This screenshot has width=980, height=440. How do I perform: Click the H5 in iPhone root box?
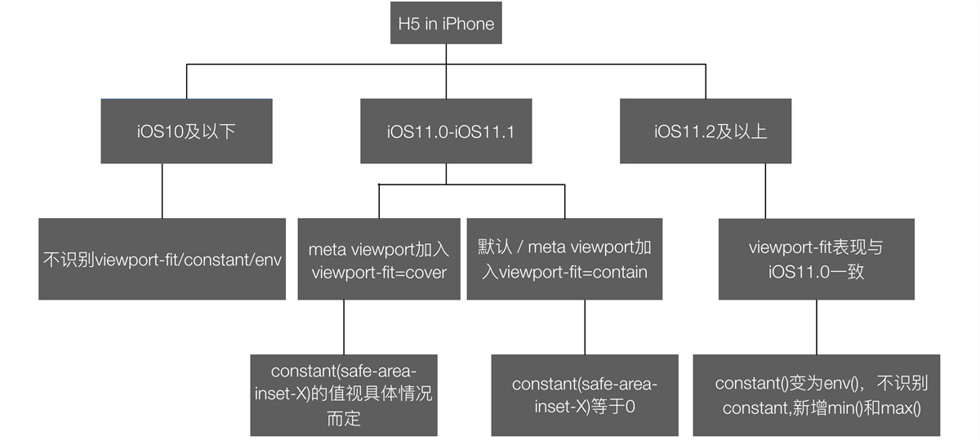tap(446, 24)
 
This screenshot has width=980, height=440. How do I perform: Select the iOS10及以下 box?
tap(186, 131)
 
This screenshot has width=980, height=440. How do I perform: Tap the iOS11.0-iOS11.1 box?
tap(446, 131)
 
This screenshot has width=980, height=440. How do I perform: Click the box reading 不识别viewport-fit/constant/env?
tap(163, 259)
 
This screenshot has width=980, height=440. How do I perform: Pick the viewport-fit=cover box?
tap(379, 259)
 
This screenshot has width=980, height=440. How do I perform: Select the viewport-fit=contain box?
tap(564, 259)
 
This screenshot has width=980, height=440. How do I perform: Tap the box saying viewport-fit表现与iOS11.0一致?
tap(816, 259)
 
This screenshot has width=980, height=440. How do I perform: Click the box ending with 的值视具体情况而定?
tap(344, 395)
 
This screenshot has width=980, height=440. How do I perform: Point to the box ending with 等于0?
tap(584, 395)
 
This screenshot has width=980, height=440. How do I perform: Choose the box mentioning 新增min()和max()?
tap(817, 395)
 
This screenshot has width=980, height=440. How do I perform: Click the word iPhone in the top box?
tap(468, 24)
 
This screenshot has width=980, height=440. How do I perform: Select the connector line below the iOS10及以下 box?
tap(162, 190)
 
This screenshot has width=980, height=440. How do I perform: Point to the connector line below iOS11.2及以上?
tap(764, 190)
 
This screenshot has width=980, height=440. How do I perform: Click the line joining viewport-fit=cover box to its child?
tap(344, 327)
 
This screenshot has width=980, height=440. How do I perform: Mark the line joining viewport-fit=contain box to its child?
tap(584, 327)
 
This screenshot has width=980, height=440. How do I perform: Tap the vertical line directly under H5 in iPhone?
tap(446, 53)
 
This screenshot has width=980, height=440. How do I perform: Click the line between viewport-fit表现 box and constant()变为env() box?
tap(816, 327)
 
